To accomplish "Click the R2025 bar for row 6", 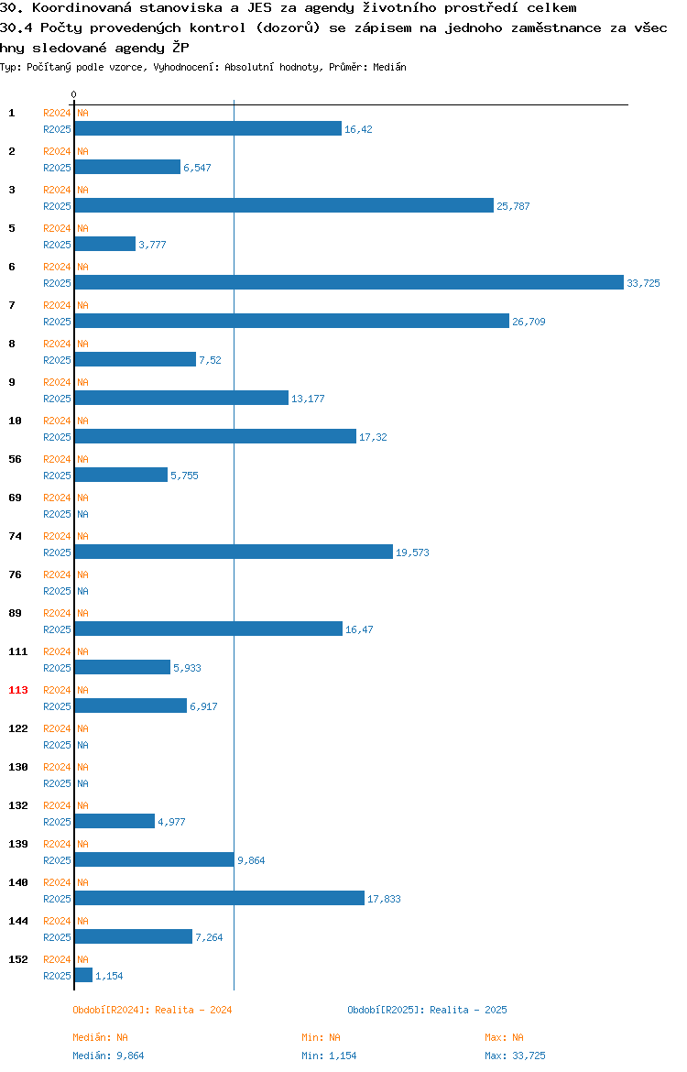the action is tap(349, 282).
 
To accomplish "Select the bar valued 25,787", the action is tap(284, 205).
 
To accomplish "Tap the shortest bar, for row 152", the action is tap(83, 975).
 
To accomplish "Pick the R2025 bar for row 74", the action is tap(234, 552).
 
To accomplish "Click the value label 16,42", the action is tap(358, 129).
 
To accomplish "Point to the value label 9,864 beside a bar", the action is tap(251, 860).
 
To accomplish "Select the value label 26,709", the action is tap(529, 322).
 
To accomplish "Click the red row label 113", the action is tap(17, 690).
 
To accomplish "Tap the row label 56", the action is tap(15, 459).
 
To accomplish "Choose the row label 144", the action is tap(17, 921).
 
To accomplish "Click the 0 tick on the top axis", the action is tap(74, 95).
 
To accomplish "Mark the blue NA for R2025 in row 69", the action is tap(82, 514).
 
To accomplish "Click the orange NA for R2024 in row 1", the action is tap(82, 113).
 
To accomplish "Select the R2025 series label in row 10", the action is tap(57, 437).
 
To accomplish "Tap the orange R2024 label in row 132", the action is tap(57, 805).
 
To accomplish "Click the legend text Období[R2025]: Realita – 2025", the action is tap(427, 1010).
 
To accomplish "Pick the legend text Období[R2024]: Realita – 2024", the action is tap(152, 1010).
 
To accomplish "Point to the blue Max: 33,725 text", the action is tap(516, 1056).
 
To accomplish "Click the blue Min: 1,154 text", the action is tap(329, 1056).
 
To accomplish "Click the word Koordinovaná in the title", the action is tap(82, 8).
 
